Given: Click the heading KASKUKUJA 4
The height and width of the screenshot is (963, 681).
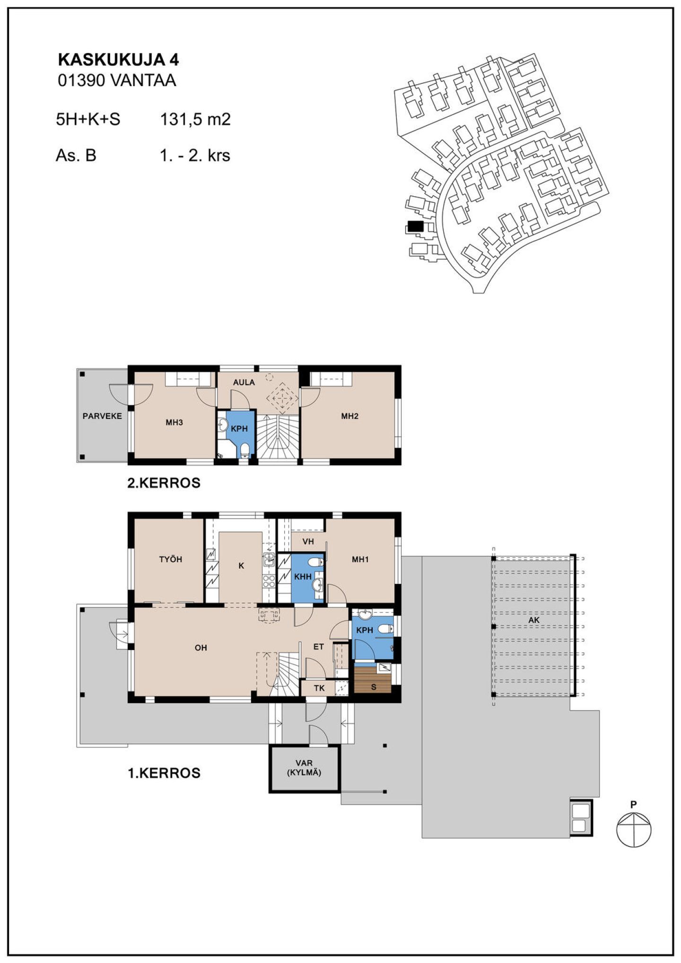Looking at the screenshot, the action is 118,60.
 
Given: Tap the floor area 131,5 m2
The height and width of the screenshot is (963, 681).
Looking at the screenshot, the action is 195,119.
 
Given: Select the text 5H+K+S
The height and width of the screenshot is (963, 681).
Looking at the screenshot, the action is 88,119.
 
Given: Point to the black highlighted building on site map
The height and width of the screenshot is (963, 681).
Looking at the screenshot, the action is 415,226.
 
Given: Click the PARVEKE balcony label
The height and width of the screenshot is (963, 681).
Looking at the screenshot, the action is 102,416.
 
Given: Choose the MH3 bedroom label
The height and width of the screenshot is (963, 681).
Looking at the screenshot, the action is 174,422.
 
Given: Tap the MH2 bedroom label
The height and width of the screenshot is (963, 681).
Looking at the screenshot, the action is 350,416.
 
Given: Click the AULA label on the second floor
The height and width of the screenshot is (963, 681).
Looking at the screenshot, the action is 244,382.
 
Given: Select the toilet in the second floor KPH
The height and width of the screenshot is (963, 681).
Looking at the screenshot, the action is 244,450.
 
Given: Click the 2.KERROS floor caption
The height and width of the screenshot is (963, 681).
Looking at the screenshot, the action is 164,483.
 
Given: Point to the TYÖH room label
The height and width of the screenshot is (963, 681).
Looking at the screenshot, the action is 171,559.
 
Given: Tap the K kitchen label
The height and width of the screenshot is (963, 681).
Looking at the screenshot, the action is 241,566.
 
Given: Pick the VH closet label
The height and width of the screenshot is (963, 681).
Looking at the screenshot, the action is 308,542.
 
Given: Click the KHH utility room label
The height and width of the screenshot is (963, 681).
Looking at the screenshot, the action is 303,577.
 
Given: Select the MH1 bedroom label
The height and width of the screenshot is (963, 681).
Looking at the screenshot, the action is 360,559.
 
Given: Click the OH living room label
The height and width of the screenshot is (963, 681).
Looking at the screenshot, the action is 201,648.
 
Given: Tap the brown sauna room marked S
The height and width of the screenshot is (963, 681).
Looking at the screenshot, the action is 373,680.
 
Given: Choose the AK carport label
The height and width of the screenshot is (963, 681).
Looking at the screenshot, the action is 534,620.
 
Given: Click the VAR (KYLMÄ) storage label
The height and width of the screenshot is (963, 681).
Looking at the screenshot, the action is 304,768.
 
